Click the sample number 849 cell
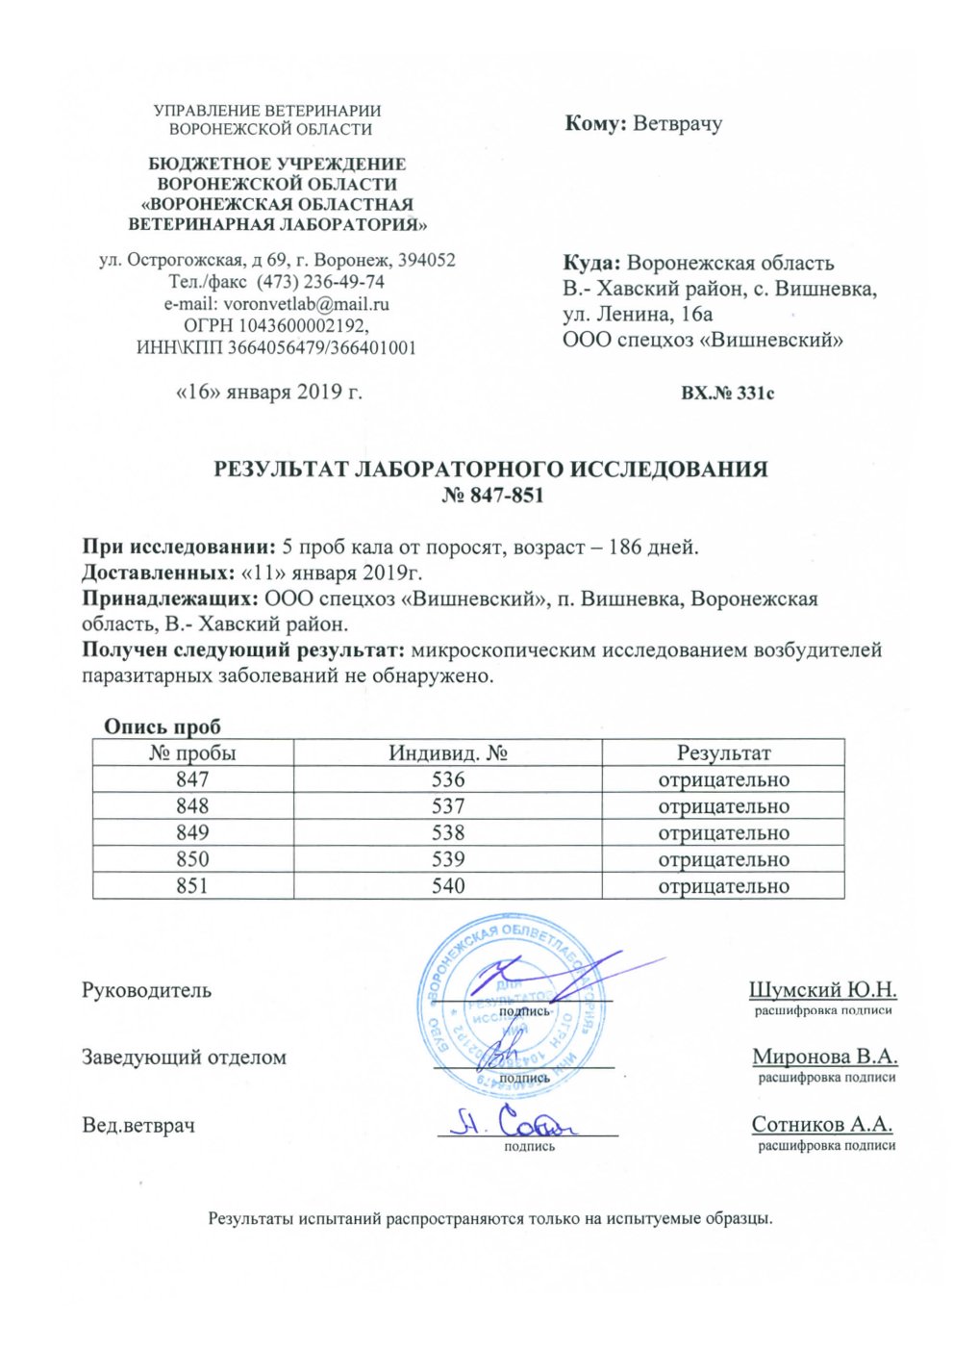(192, 832)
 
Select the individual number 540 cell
(448, 885)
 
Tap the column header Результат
(723, 752)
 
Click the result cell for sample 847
(723, 779)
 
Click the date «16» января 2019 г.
(269, 393)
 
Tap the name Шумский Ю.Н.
(822, 989)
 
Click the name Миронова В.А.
(825, 1057)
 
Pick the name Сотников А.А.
(822, 1124)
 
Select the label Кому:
(596, 124)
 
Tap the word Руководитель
(146, 990)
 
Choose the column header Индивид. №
(448, 752)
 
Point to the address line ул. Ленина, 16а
(639, 314)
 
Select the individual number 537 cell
(448, 806)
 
